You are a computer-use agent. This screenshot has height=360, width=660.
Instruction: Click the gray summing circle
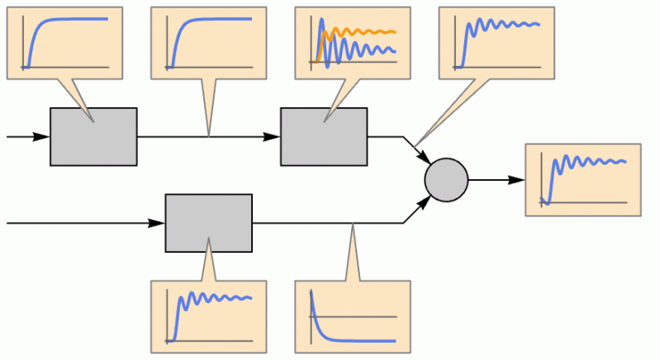point(446,179)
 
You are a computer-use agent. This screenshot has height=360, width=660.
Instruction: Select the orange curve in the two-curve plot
point(363,32)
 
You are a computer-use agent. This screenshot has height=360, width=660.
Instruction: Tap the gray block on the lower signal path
point(208,223)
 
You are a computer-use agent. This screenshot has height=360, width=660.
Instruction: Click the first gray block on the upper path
point(93,136)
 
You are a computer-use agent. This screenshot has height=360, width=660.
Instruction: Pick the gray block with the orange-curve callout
point(323,136)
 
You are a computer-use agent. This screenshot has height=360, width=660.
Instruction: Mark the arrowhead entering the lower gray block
point(157,223)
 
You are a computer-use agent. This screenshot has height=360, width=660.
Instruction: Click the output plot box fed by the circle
point(582,179)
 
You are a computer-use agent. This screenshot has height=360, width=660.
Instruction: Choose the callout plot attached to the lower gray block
point(208,315)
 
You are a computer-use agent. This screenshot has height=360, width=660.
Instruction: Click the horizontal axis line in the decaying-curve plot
point(355,316)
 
